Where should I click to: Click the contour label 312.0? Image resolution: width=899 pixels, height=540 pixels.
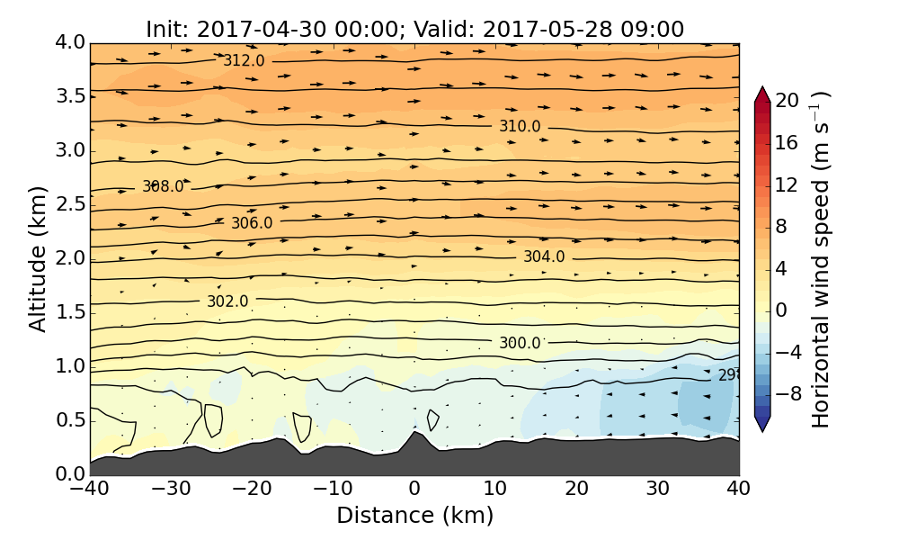245,60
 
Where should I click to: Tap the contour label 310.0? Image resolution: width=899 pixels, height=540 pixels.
520,126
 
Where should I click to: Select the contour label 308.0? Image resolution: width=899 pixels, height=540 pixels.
163,186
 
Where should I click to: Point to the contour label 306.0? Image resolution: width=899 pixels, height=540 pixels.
252,222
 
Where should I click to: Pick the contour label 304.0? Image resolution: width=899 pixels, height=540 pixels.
544,256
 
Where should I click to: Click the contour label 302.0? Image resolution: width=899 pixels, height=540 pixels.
227,301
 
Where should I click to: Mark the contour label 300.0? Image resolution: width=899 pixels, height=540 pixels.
520,343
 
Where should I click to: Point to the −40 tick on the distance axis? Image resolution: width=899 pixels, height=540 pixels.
90,490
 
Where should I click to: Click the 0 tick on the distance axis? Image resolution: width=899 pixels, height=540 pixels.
414,490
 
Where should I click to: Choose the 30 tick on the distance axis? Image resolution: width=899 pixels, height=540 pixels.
658,490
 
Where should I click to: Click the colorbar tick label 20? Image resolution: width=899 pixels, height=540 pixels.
788,101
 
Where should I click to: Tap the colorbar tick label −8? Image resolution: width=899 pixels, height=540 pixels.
788,393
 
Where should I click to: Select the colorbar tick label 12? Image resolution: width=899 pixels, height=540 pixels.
788,184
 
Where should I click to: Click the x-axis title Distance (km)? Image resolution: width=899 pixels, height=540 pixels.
414,516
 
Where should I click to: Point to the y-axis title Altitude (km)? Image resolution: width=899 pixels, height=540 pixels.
38,258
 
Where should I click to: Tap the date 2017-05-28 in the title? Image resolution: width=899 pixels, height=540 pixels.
545,29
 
